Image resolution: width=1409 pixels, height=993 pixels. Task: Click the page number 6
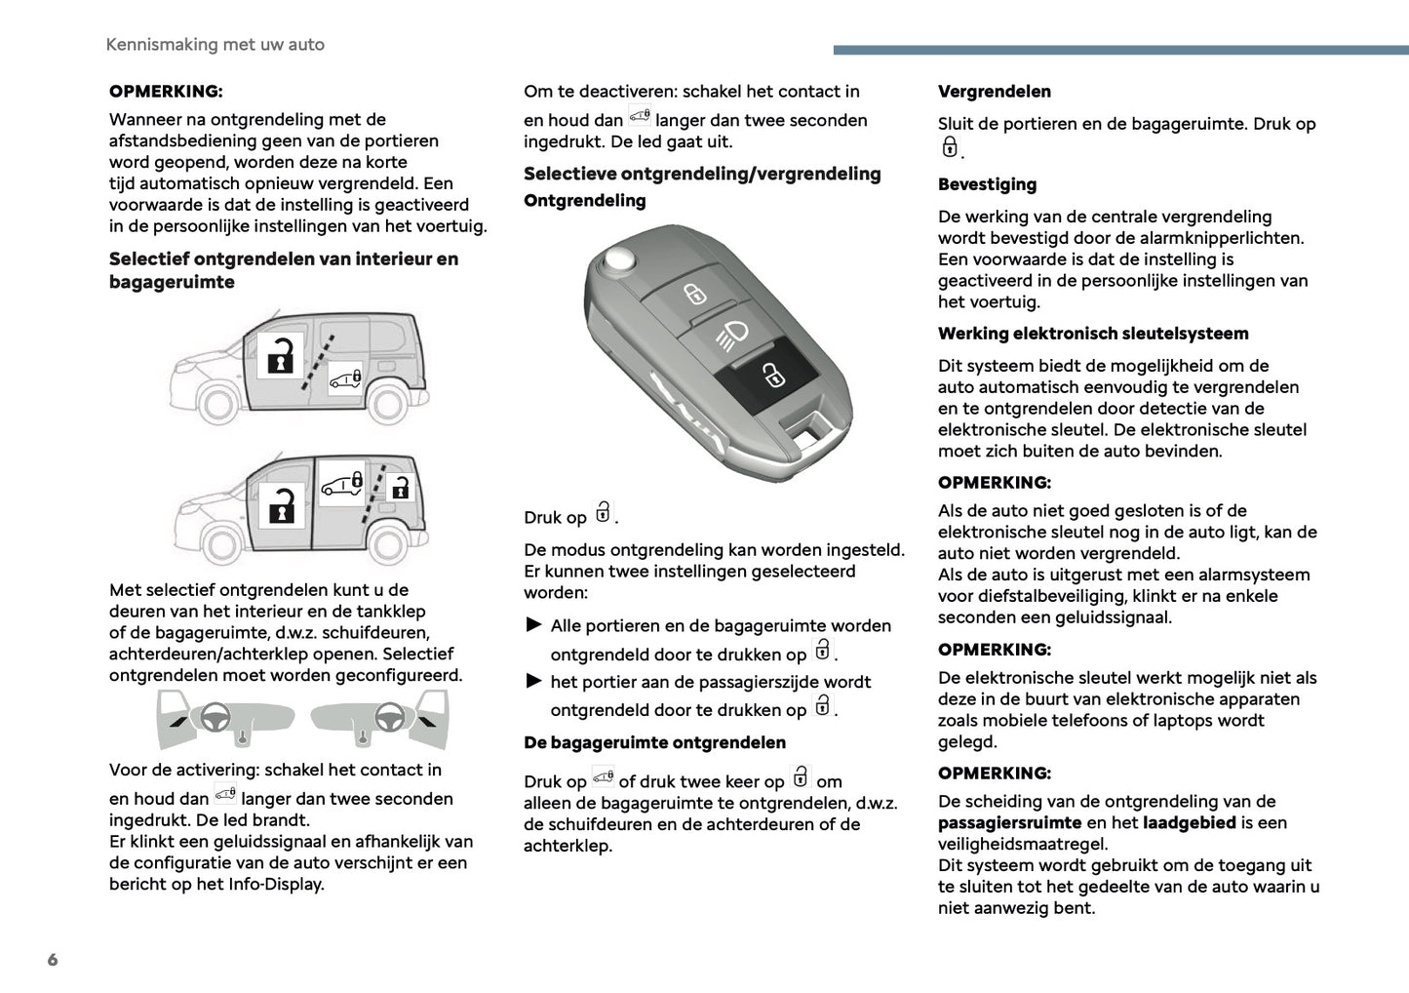coord(53,960)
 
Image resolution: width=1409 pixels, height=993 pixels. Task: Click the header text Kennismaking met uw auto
coord(215,45)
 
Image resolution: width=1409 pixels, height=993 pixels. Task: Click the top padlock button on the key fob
coord(694,293)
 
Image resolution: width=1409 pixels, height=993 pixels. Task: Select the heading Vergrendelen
coord(994,92)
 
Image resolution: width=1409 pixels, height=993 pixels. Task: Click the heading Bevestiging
coord(987,184)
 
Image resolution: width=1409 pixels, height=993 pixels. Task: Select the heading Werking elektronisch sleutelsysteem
coord(1092,334)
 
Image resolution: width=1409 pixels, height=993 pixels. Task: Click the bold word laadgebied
coord(1189,823)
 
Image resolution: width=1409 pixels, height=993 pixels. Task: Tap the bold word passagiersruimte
coord(1009,823)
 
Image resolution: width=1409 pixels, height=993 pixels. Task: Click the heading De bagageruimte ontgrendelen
coord(654,742)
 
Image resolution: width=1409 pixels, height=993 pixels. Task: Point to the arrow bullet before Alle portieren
coord(533,624)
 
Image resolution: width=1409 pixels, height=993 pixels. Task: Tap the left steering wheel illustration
coord(215,718)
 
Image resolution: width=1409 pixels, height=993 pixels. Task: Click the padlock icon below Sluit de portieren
coord(950,147)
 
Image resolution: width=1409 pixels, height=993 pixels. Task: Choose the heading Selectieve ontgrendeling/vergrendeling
coord(702,174)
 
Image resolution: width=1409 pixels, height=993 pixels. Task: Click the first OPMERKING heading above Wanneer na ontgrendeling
coord(166,92)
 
